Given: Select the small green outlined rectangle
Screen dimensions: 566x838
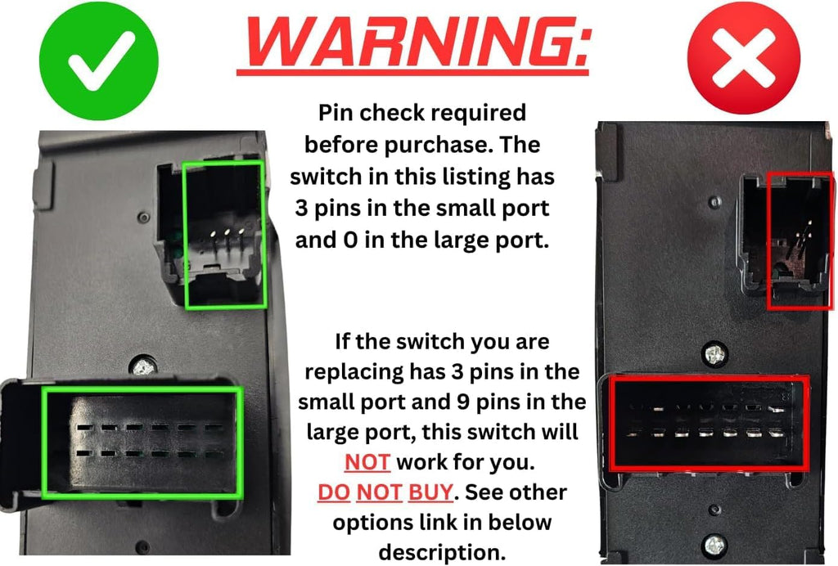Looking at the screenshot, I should (224, 235).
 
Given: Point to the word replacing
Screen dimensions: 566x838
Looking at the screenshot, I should (354, 372).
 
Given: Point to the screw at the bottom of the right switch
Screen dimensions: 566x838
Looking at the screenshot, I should (715, 542).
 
